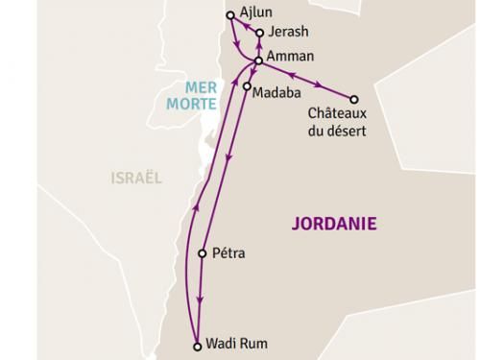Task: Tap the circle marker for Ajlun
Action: pos(229,15)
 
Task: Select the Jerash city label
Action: pos(283,33)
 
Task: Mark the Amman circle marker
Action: pos(258,60)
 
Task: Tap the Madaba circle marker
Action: pos(248,87)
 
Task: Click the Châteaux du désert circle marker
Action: pos(354,99)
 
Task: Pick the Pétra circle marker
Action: pos(202,254)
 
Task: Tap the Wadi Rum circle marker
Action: pos(198,346)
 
